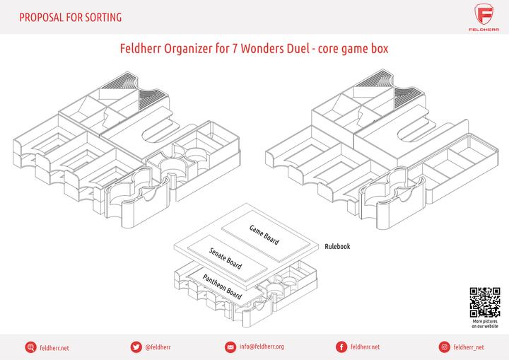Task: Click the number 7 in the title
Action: (x=235, y=51)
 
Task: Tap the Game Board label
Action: (x=264, y=234)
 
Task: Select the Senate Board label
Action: (x=226, y=258)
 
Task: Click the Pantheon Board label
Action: (x=223, y=284)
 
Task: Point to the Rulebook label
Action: (x=337, y=247)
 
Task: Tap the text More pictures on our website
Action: (x=485, y=324)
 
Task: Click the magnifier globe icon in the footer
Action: (x=30, y=347)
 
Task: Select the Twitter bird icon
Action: (x=135, y=347)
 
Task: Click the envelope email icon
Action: (x=230, y=347)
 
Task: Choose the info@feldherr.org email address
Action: (x=262, y=347)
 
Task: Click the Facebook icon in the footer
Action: (x=341, y=347)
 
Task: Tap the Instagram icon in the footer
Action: (x=444, y=347)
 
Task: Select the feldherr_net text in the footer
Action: (x=469, y=347)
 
